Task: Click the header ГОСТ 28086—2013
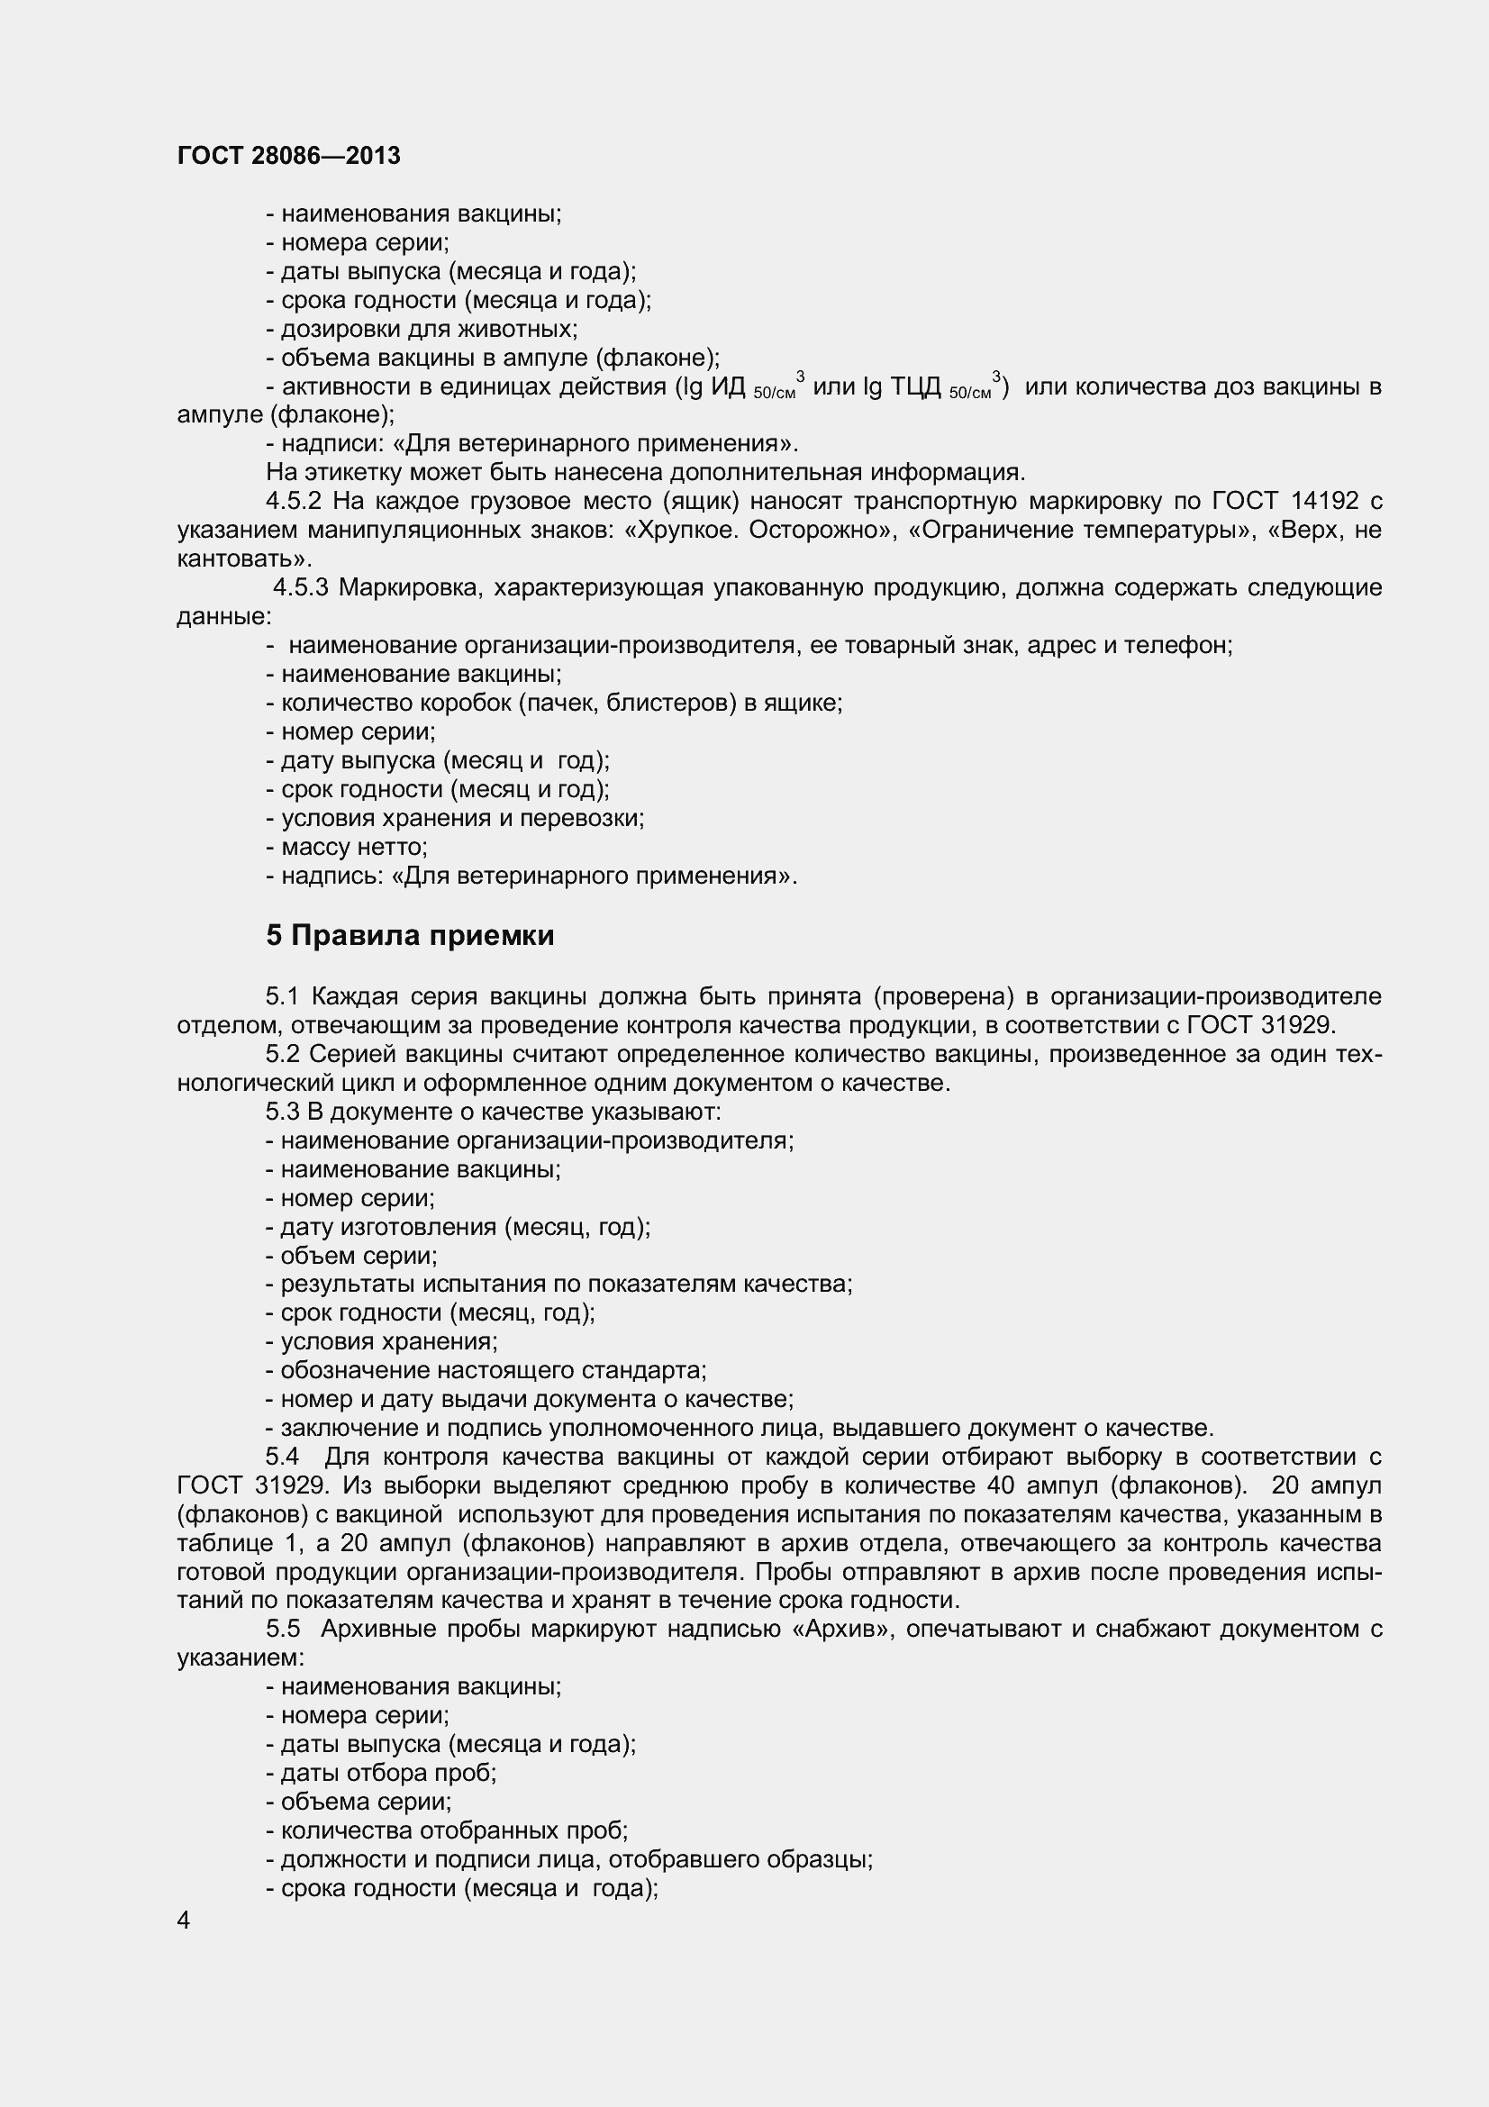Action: tap(288, 156)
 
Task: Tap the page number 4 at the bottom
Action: tap(184, 1920)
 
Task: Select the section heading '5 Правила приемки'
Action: tap(410, 935)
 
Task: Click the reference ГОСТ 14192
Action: tap(1285, 501)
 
